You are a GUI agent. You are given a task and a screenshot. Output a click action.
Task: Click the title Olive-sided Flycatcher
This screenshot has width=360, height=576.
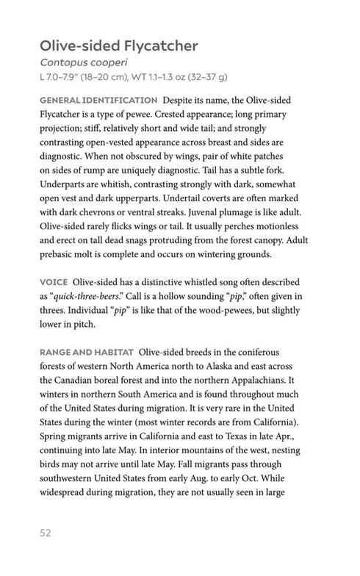click(x=119, y=46)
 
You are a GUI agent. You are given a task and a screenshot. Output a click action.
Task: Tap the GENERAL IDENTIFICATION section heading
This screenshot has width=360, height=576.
click(x=98, y=99)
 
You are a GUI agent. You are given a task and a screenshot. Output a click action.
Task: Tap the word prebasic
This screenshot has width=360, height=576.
click(x=61, y=254)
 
